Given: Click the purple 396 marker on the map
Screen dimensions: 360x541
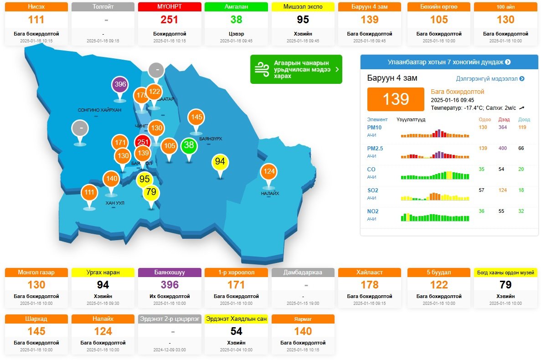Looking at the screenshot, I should coord(120,84).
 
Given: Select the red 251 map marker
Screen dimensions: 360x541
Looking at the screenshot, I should coord(143,142).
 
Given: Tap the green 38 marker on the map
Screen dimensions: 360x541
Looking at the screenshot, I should coord(189,146).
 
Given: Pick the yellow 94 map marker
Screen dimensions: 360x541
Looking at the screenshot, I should coord(220,162).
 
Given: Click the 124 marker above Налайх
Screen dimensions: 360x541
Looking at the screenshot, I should coord(269,172).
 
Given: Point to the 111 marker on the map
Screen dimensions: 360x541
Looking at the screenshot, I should coord(89,192).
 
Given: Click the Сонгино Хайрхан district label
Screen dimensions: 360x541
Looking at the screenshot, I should coord(99,110).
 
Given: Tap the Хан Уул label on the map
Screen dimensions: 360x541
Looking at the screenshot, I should coord(114,203).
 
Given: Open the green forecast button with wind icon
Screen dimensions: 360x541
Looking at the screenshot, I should coord(296,69).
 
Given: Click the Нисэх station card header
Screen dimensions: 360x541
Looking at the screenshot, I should coord(36,7).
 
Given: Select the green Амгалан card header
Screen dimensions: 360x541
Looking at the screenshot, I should coord(236,7).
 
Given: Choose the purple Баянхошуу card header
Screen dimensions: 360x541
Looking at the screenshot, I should coord(169,273).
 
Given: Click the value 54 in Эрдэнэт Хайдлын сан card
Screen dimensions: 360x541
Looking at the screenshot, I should coord(236,331).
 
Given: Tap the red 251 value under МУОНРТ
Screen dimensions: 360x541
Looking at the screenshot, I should coord(169,20).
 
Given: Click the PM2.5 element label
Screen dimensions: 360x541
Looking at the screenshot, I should coord(375,149).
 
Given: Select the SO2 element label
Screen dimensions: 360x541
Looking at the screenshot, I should coord(373,190).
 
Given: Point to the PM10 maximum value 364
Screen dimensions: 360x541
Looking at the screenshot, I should coord(503,128).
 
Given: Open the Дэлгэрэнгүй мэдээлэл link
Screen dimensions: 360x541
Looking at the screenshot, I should coord(490,79).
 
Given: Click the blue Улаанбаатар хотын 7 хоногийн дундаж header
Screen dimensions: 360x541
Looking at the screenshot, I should coord(449,62).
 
